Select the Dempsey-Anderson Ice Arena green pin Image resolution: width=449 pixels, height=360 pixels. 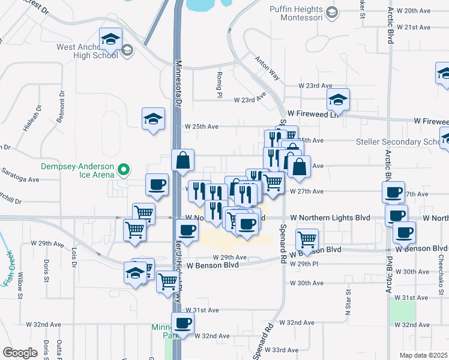[x=124, y=171]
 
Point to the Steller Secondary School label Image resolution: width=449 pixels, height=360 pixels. [x=402, y=142]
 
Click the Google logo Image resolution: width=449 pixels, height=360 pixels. [x=20, y=352]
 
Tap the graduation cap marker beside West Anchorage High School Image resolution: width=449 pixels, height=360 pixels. [x=110, y=40]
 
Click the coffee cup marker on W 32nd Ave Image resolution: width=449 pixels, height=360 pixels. [x=182, y=324]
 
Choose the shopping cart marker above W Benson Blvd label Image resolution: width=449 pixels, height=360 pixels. [x=307, y=240]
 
